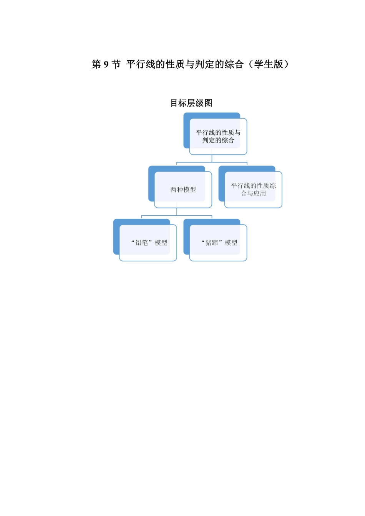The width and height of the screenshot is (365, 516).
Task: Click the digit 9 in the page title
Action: point(106,64)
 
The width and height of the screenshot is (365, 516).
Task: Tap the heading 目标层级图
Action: point(191,103)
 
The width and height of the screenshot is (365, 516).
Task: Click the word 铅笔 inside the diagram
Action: point(141,243)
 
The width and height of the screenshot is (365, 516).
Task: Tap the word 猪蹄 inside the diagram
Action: point(212,243)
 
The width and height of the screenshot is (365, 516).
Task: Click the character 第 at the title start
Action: point(96,64)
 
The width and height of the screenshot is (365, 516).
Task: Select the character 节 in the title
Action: point(116,64)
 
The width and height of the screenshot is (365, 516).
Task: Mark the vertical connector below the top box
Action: point(212,159)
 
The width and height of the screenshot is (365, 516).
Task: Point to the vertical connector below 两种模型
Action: point(177,212)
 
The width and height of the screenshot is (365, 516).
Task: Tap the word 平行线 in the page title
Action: point(141,64)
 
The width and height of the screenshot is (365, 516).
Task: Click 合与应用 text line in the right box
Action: point(254,193)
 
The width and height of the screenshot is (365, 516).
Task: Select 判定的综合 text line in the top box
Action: point(218,141)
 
